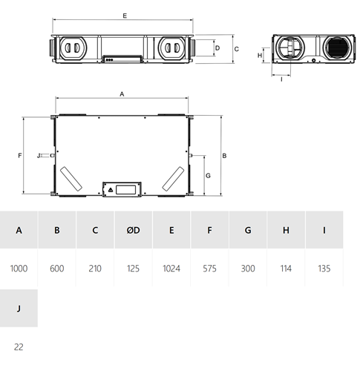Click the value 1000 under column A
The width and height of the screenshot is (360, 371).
(19, 269)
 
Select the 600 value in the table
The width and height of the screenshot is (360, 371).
(57, 269)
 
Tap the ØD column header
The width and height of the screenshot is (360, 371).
(133, 230)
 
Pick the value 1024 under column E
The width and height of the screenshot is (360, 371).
(171, 269)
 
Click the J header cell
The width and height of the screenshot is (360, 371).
(19, 308)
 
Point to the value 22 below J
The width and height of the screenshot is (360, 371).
(19, 347)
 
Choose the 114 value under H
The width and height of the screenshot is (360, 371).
(286, 269)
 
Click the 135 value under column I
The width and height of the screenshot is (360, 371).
(324, 269)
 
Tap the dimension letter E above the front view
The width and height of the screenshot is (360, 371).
(125, 16)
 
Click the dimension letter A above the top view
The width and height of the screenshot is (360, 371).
(122, 94)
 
